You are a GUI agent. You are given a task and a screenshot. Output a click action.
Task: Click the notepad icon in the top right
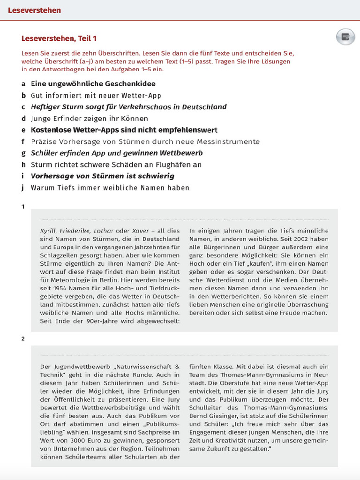point(345,37)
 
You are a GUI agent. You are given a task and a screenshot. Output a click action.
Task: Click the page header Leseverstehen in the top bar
point(34,10)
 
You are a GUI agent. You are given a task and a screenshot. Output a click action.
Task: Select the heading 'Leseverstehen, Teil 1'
point(59,38)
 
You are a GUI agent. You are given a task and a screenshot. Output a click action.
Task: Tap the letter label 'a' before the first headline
point(23,84)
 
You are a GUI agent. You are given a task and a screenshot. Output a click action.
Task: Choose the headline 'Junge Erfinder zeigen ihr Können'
point(89,119)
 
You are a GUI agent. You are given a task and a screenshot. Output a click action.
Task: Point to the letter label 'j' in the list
point(22,188)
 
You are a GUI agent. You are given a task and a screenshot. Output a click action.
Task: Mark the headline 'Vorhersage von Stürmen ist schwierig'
point(102,176)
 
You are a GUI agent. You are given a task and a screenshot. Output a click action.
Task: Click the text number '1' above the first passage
point(23,206)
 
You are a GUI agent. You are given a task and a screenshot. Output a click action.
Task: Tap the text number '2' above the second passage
point(23,338)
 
